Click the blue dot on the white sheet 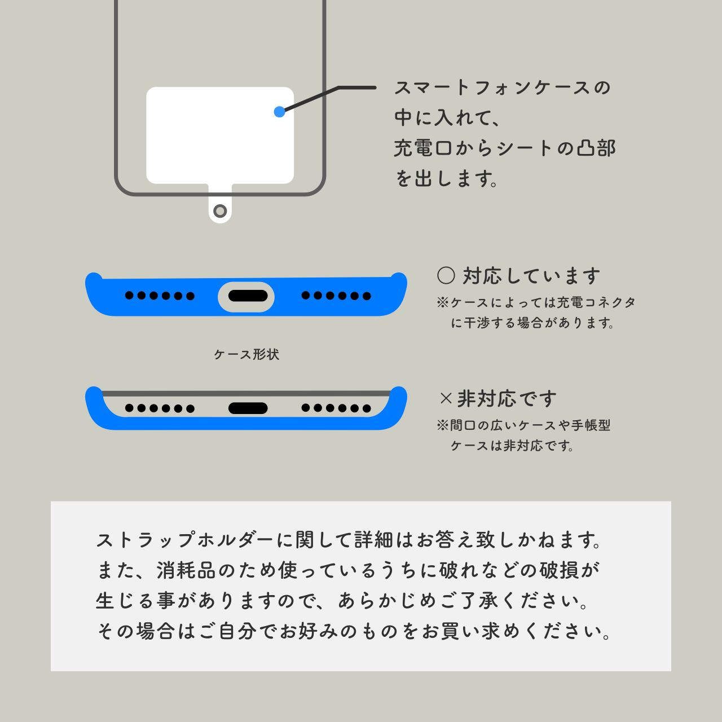pyautogui.click(x=279, y=112)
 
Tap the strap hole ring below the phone pyautogui.click(x=220, y=212)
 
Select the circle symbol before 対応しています pyautogui.click(x=446, y=276)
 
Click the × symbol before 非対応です pyautogui.click(x=446, y=399)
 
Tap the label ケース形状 pyautogui.click(x=246, y=354)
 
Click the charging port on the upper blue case pyautogui.click(x=246, y=296)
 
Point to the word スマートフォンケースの pyautogui.click(x=503, y=88)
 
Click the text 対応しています pyautogui.click(x=532, y=276)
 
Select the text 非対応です pyautogui.click(x=507, y=399)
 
